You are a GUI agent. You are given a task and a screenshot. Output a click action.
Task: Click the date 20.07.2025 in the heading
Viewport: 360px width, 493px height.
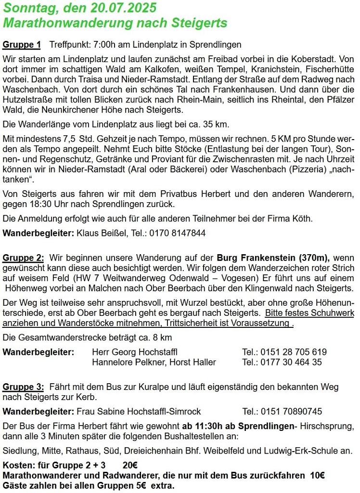(125, 9)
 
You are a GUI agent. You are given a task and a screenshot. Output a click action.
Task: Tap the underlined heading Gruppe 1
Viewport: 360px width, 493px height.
(22, 45)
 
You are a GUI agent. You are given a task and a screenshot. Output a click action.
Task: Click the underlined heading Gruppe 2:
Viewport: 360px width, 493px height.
(24, 258)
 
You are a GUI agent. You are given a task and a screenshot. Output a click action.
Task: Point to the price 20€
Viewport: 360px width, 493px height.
(130, 466)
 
